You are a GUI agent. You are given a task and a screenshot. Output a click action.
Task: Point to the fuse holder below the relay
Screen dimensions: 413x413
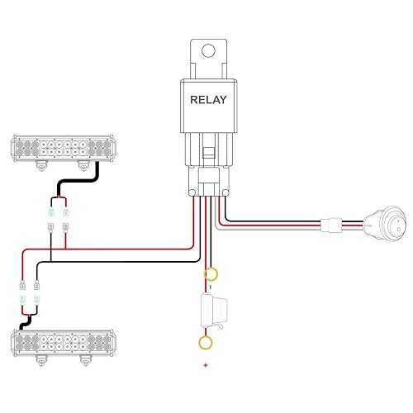213,312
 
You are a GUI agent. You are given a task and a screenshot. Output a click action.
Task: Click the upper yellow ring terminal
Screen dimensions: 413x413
211,274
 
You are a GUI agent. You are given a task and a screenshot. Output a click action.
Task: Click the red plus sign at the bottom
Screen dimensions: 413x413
205,364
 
